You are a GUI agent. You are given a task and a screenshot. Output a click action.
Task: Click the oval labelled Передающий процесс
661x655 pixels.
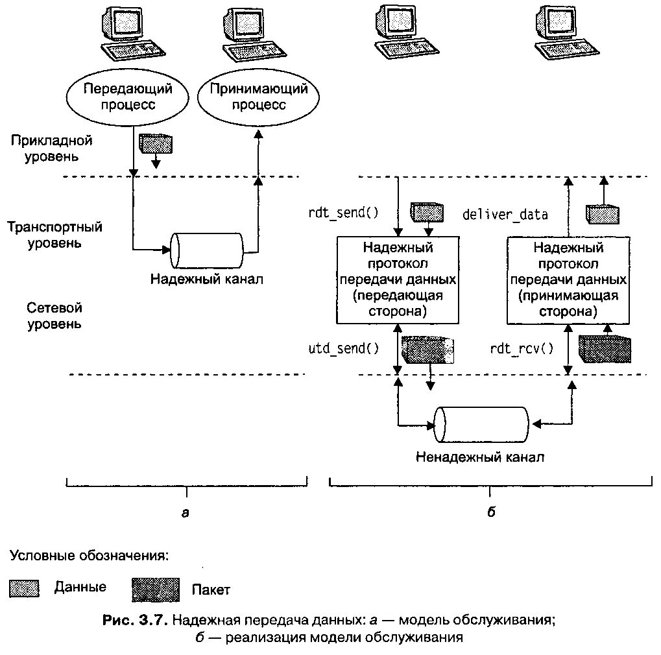(x=120, y=98)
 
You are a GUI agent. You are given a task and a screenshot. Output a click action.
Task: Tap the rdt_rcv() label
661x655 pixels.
(x=522, y=349)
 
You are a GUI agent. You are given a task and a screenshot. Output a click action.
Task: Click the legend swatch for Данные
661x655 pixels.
(x=25, y=588)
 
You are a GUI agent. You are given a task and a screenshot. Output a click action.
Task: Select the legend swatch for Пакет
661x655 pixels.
(x=155, y=589)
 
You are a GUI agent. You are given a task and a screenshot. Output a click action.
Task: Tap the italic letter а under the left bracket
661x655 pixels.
(x=186, y=513)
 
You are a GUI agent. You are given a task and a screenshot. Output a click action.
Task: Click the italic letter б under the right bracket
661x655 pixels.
(x=491, y=513)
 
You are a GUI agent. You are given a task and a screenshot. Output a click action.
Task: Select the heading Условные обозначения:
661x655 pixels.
(x=89, y=556)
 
